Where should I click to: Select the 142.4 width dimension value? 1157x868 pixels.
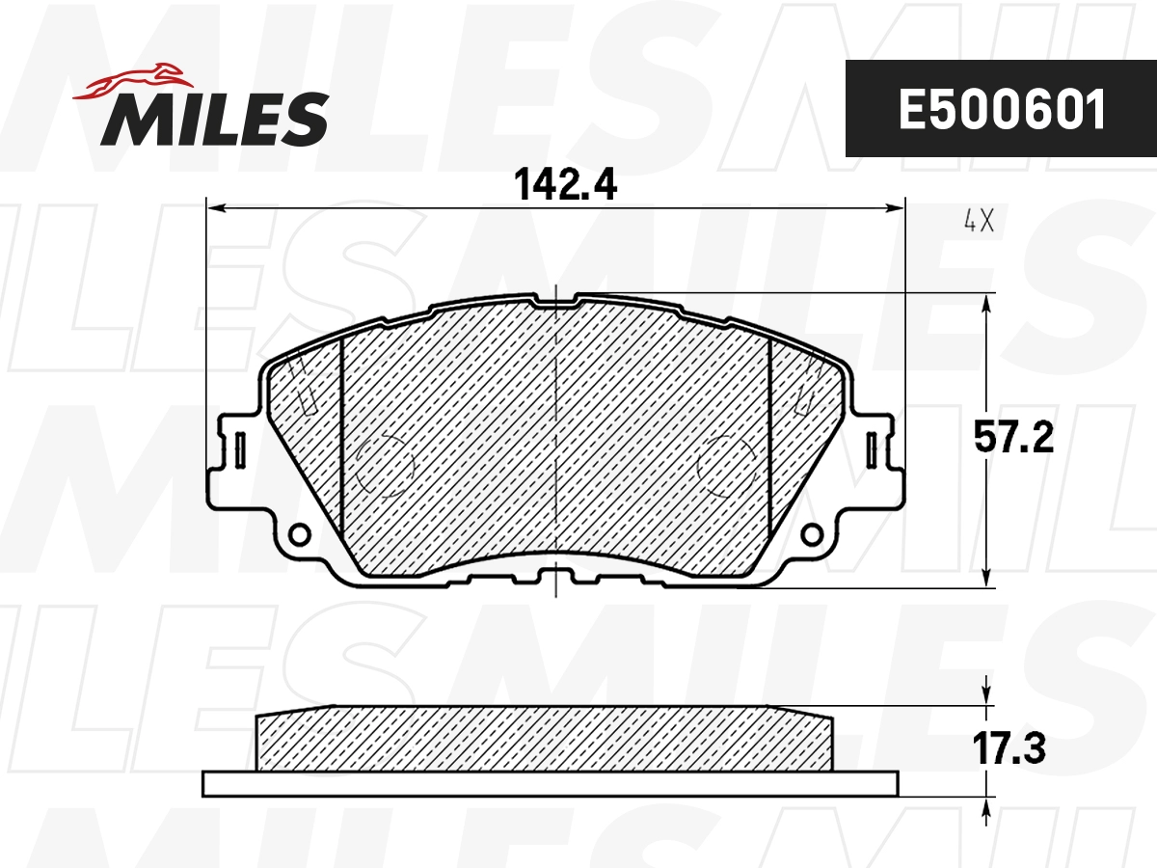(x=565, y=182)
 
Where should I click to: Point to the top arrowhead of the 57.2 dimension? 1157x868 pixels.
(x=985, y=302)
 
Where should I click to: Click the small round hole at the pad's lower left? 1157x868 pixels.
(x=300, y=532)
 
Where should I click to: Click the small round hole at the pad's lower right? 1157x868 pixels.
(x=813, y=532)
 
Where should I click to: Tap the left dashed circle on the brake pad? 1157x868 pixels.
(x=385, y=467)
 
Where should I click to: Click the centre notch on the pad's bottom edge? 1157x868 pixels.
(x=556, y=579)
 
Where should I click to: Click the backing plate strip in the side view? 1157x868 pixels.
(x=550, y=783)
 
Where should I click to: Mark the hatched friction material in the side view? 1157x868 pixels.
(x=545, y=740)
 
